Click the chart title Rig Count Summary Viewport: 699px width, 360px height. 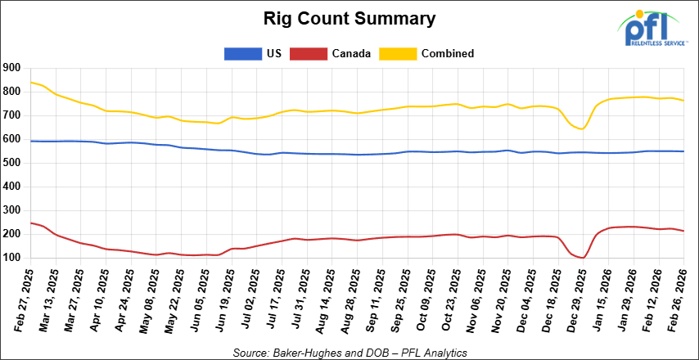pos(349,17)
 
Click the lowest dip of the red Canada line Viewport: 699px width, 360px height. pos(582,258)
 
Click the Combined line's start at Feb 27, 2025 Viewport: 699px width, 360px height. pos(30,82)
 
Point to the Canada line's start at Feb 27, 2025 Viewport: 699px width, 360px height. pos(30,223)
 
